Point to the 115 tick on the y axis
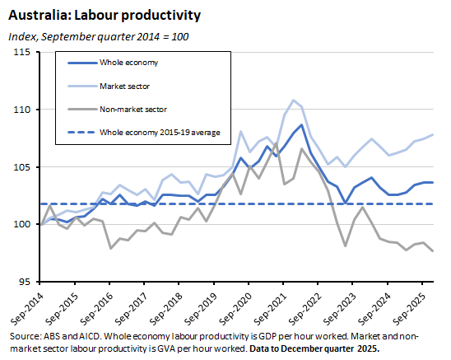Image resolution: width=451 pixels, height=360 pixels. (22, 52)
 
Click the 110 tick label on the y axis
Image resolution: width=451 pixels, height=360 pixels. (22, 110)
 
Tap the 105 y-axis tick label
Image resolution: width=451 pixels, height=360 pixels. (22, 167)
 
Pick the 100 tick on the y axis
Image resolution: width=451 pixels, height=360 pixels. (22, 224)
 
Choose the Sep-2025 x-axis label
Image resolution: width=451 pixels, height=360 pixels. (420, 309)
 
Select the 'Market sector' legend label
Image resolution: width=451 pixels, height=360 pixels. (125, 86)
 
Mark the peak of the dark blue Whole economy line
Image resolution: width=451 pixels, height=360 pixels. (301, 125)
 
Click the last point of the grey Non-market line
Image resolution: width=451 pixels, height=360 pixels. (433, 250)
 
